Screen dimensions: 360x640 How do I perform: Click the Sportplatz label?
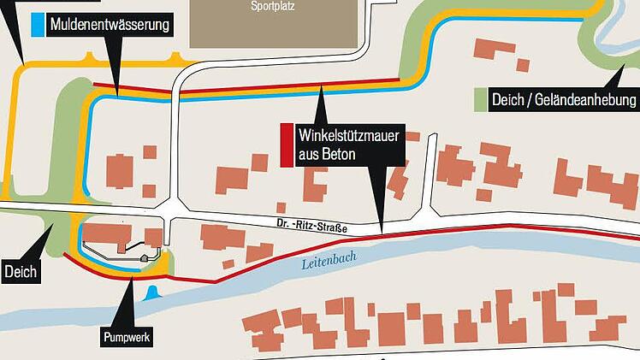270,6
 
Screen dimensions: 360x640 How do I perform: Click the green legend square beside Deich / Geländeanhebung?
480,101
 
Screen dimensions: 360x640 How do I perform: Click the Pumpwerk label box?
127,338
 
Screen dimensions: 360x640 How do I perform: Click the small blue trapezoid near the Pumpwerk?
151,295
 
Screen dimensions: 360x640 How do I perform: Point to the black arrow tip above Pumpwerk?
133,280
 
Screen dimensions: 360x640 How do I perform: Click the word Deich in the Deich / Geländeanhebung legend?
507,101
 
